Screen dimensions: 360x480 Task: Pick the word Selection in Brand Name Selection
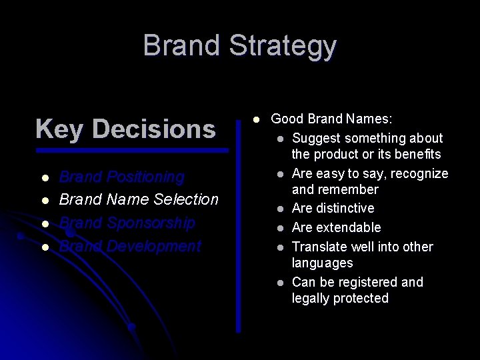[x=186, y=199]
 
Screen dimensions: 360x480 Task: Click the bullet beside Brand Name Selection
[x=45, y=200]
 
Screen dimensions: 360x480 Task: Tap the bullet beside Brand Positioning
[x=45, y=178]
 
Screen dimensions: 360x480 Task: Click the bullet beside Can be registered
[x=281, y=283]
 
